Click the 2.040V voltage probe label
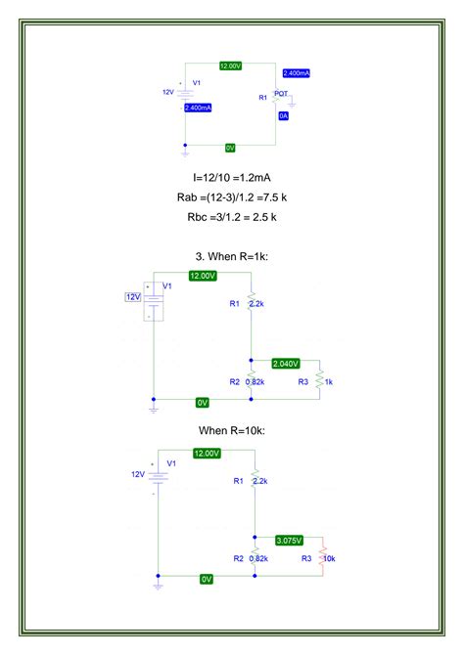click(x=287, y=363)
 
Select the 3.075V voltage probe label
click(x=290, y=540)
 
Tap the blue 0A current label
click(x=283, y=115)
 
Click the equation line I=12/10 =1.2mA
click(x=231, y=178)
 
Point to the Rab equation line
click(x=231, y=197)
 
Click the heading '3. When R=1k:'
click(x=231, y=256)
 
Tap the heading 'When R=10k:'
click(x=231, y=431)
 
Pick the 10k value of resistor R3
click(x=330, y=558)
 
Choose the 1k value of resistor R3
click(x=329, y=381)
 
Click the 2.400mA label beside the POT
click(x=296, y=73)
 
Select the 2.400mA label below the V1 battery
click(x=198, y=108)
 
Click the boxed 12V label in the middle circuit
click(x=133, y=296)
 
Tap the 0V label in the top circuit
click(x=230, y=148)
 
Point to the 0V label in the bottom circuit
click(x=207, y=579)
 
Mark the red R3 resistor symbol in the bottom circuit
click(x=319, y=558)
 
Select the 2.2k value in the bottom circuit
click(x=259, y=481)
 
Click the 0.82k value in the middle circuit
click(x=256, y=381)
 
